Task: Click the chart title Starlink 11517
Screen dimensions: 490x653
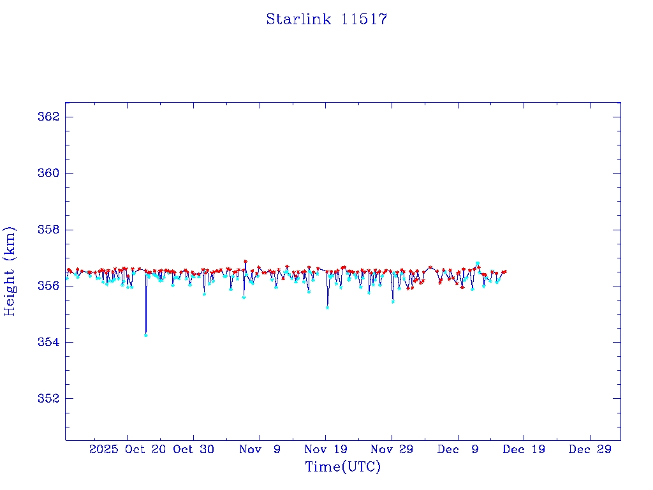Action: tap(326, 19)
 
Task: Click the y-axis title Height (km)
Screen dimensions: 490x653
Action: tap(10, 271)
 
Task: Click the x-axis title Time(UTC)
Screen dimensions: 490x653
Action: tap(343, 467)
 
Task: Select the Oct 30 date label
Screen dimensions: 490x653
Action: tap(193, 449)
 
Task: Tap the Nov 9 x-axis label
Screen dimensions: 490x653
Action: tap(260, 449)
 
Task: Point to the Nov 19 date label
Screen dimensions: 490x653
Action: tap(325, 449)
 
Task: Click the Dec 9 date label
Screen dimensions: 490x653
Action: tap(457, 449)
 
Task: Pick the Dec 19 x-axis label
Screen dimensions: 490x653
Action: tap(523, 449)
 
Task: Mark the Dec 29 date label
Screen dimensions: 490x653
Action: tap(589, 449)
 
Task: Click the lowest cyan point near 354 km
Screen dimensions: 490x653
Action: tap(146, 335)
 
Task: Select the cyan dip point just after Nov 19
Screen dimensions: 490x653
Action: tap(327, 308)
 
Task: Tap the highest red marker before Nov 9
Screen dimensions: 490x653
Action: tap(245, 262)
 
